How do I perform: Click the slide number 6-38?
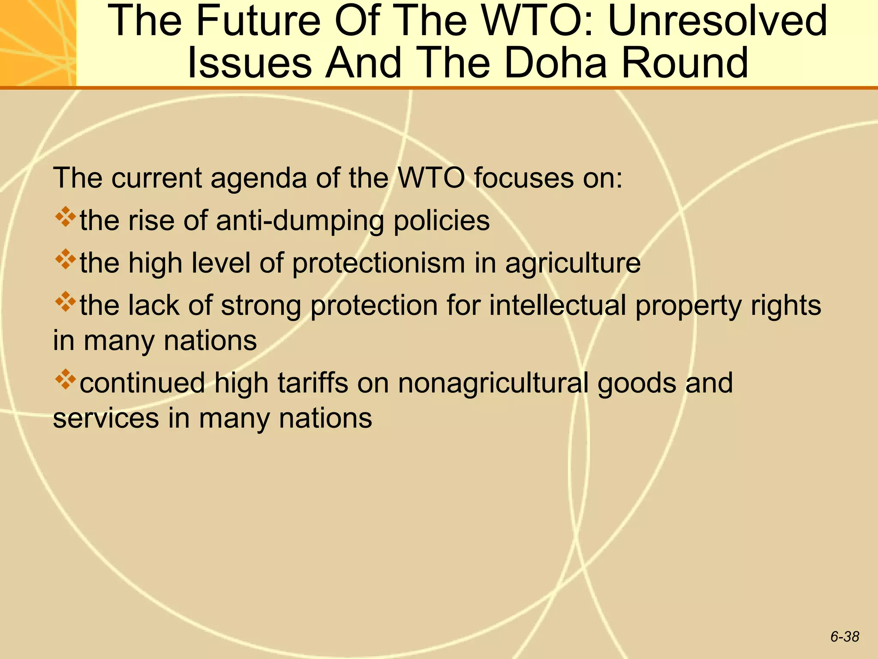[x=845, y=637]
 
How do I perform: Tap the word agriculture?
[x=573, y=263]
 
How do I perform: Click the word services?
[x=106, y=418]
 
